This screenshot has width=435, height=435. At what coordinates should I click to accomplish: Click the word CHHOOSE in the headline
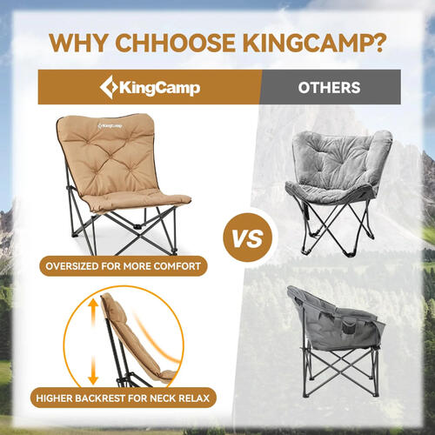point(175,43)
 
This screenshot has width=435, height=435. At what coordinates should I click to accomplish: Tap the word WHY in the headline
point(78,43)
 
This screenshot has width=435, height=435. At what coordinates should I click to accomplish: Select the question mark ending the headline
point(378,43)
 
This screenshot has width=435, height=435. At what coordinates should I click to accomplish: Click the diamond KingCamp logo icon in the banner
point(109,87)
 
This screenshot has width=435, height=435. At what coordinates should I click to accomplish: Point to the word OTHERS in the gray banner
point(329,88)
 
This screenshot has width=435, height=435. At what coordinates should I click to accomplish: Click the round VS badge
point(248,238)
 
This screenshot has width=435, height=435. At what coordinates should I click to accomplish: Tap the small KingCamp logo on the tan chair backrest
point(110,126)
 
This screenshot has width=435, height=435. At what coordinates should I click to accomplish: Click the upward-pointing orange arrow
point(93,311)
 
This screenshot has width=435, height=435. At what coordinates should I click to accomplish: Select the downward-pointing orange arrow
point(93,371)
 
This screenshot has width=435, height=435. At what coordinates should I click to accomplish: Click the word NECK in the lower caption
point(163,398)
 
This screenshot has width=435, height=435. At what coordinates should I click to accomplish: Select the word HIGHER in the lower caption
point(54,398)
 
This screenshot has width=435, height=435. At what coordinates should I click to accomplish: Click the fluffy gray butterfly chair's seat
point(328,191)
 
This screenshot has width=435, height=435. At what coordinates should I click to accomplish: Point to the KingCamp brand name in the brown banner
point(160,88)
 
